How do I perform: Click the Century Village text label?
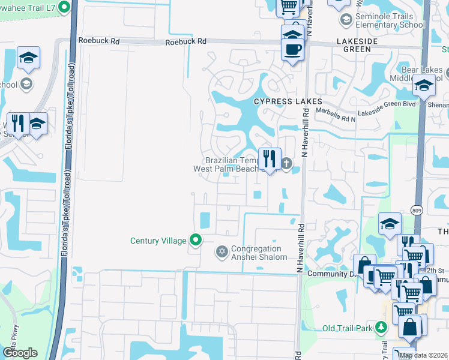[x=158, y=241]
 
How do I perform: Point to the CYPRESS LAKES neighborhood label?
[x=279, y=101]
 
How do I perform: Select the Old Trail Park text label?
[x=348, y=328]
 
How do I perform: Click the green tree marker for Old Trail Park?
[x=381, y=327]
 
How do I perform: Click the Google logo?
[x=20, y=352]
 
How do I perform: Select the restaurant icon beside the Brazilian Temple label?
[x=270, y=159]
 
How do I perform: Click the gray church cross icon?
[x=287, y=163]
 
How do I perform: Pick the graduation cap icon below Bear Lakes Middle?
[x=424, y=86]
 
